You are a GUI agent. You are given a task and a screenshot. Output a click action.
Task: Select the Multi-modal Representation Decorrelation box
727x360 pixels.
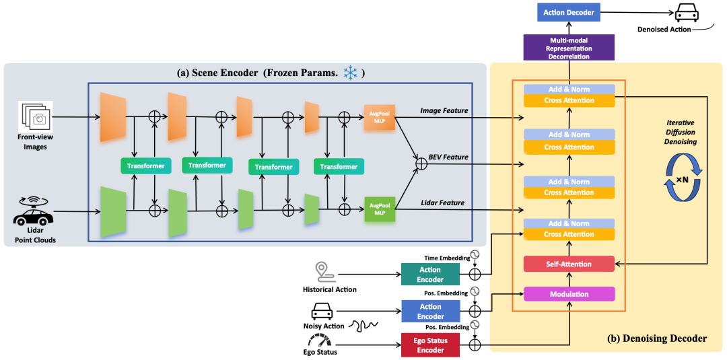pyautogui.click(x=568, y=48)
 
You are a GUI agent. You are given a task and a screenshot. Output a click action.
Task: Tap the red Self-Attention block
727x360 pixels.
pyautogui.click(x=569, y=264)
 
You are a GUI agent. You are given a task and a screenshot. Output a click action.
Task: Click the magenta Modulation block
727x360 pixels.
pyautogui.click(x=569, y=294)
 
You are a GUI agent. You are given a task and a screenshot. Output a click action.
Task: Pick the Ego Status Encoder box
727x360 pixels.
pyautogui.click(x=430, y=346)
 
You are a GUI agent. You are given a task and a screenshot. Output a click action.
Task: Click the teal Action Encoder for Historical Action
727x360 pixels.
pyautogui.click(x=430, y=275)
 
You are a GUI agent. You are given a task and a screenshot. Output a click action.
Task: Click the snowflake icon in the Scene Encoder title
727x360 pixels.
pyautogui.click(x=350, y=72)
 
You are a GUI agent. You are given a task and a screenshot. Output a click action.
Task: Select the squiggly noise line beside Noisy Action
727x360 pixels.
pyautogui.click(x=364, y=325)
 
